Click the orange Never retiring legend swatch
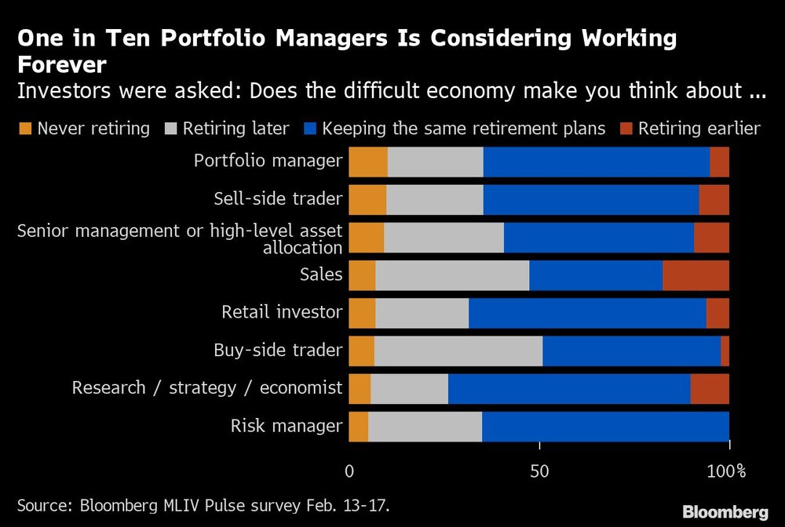tap(24, 129)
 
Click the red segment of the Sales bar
tap(696, 275)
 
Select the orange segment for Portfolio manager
tap(368, 162)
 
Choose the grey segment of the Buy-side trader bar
tap(458, 351)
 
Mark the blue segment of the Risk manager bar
tap(605, 427)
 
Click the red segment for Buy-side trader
tap(725, 351)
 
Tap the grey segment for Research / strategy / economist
tap(409, 389)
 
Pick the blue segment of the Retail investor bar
tap(587, 313)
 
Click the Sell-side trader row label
tap(278, 199)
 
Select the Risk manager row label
tap(287, 427)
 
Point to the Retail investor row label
tap(282, 313)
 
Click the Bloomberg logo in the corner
tap(725, 512)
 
